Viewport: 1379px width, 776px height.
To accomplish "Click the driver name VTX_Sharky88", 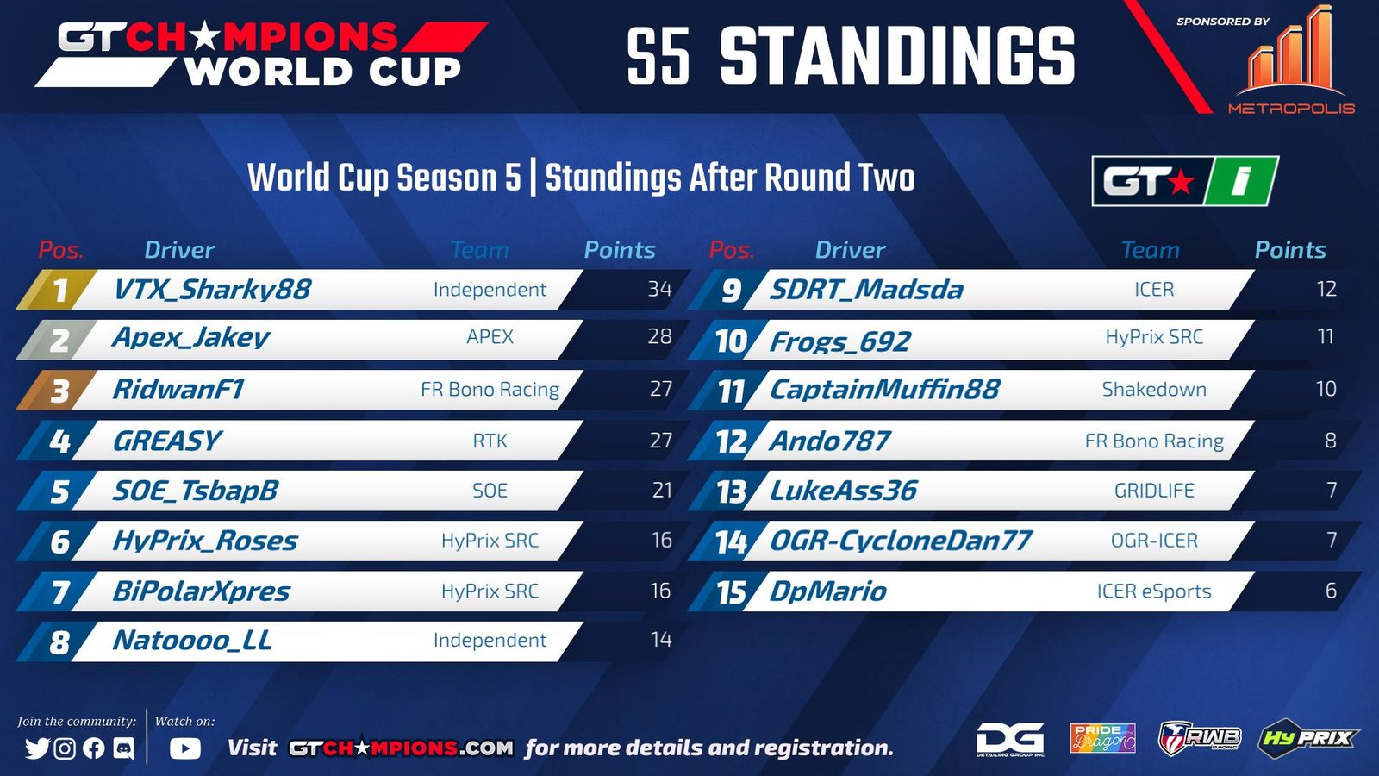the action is [212, 290].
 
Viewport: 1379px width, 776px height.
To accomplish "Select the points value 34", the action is [659, 289].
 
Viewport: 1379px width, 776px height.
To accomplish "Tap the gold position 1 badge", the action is [57, 290].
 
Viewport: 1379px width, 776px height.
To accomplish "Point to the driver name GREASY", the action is [166, 441].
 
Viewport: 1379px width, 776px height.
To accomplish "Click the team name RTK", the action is [490, 441].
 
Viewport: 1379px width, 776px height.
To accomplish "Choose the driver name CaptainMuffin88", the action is [884, 389].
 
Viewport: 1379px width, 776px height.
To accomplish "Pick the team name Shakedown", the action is [1154, 389].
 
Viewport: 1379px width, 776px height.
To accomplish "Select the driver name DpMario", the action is [828, 591].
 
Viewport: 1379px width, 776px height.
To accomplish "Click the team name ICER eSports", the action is [1154, 591].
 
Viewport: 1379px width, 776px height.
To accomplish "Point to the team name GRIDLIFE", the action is [1154, 491].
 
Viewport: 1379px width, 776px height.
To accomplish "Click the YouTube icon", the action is [184, 748].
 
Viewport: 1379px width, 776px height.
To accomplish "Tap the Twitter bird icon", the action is [38, 748].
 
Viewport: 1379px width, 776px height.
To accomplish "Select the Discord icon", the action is [124, 748].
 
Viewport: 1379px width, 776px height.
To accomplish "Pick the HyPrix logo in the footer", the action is [1307, 738].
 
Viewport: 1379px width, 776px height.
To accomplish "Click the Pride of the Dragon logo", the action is [1102, 738].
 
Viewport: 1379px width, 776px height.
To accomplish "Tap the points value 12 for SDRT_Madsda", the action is [1326, 289].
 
